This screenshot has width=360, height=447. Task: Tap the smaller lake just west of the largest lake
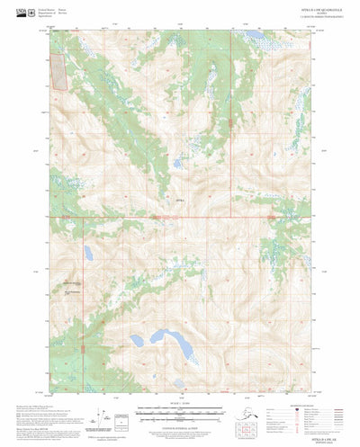point(137,341)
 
